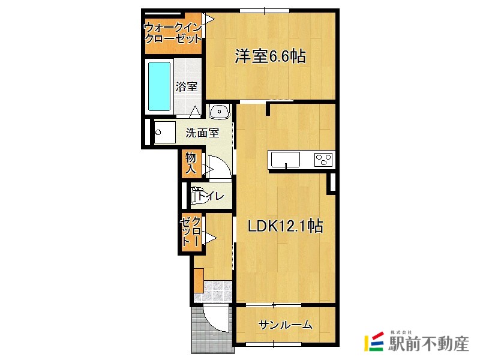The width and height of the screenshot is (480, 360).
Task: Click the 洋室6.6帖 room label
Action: pyautogui.click(x=270, y=57)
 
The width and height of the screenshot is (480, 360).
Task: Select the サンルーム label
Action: pyautogui.click(x=285, y=325)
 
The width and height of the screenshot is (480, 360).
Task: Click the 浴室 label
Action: pyautogui.click(x=187, y=86)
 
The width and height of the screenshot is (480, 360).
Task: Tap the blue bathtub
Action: pyautogui.click(x=160, y=86)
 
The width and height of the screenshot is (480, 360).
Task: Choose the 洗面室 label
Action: pyautogui.click(x=202, y=133)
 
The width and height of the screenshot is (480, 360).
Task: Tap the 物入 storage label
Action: pyautogui.click(x=191, y=163)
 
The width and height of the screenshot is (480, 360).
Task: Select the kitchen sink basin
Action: pyautogui.click(x=285, y=160)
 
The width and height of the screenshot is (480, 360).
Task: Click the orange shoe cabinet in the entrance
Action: pyautogui.click(x=198, y=280)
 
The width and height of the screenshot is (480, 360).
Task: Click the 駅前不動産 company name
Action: pyautogui.click(x=428, y=345)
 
